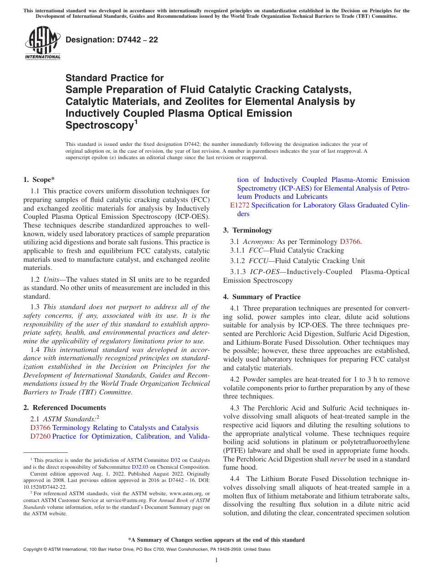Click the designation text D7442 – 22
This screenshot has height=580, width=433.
coord(112,40)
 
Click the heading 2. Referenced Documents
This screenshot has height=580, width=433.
coord(65,408)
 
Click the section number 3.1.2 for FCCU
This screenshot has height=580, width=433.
coord(238,261)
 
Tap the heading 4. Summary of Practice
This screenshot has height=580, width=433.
coord(262,297)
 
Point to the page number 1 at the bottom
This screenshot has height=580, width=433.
coord(216,560)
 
